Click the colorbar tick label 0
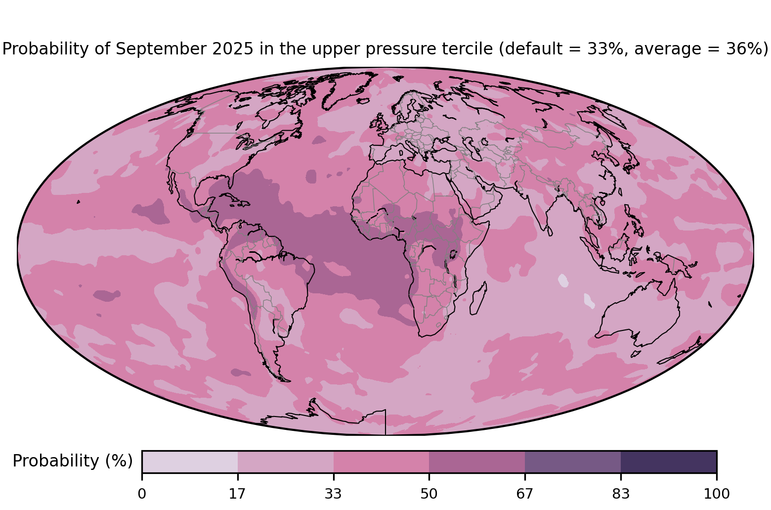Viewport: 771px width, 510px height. [x=142, y=494]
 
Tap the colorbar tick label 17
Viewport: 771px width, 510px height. [x=237, y=494]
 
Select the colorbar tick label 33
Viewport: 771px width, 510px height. [x=333, y=494]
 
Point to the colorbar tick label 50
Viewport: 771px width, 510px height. [x=429, y=494]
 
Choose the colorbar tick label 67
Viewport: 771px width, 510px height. [x=524, y=494]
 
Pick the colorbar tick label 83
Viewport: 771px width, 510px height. [x=621, y=494]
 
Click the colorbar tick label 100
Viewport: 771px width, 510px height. [x=717, y=494]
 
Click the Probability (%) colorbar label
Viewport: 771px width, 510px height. [x=73, y=461]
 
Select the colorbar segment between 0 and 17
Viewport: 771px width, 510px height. [x=190, y=462]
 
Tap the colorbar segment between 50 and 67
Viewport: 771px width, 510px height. [x=477, y=462]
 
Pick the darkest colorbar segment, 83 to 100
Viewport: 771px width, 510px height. [x=669, y=462]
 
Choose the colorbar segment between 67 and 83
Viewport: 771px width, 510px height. [x=573, y=462]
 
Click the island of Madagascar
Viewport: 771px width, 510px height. [x=478, y=298]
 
